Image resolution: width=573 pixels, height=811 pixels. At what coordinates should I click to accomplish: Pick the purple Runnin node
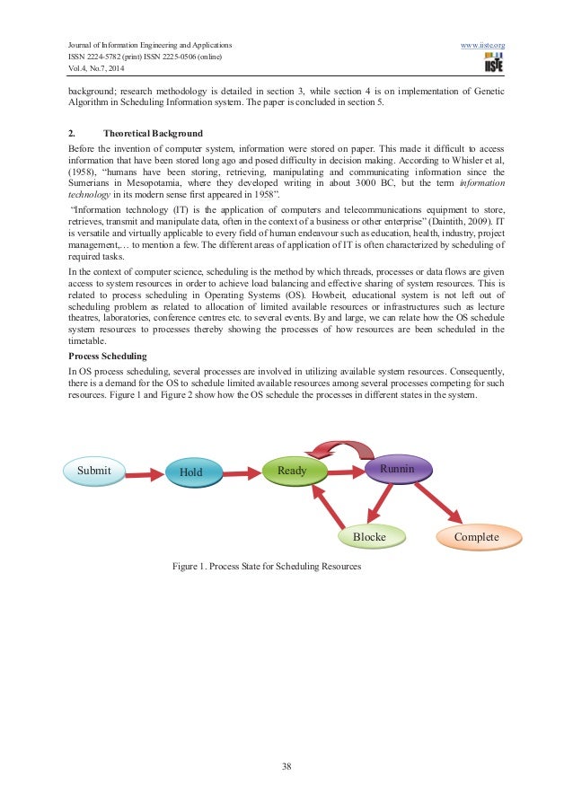pos(399,469)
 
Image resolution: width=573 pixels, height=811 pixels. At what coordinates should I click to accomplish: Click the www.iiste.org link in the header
pos(482,44)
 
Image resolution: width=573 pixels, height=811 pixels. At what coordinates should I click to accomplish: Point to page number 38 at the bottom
pos(286,766)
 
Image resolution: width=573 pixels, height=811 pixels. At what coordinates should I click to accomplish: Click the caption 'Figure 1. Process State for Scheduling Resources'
pos(267,567)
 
